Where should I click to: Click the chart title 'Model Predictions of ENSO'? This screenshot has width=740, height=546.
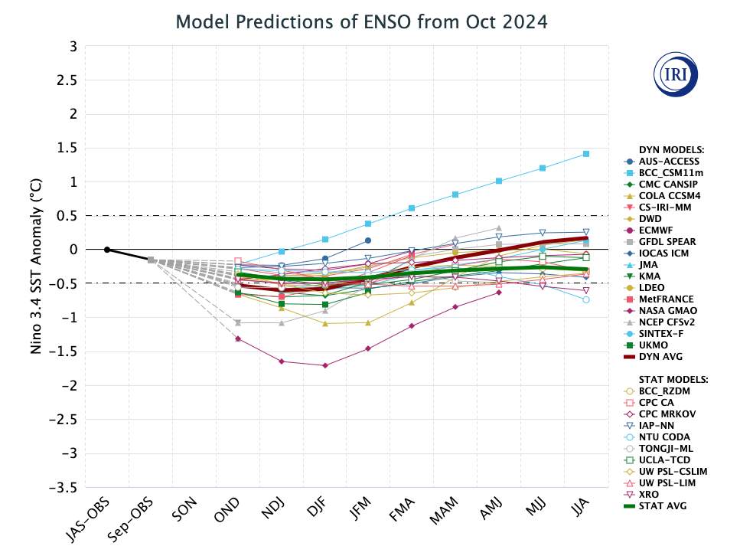[361, 21]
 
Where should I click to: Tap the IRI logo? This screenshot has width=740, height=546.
[675, 74]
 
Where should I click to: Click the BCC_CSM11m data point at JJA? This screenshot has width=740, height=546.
[586, 154]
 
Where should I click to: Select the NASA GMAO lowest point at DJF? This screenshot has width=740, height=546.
[325, 365]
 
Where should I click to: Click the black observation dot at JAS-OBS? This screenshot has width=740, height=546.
[107, 250]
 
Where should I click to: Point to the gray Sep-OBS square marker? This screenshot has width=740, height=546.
[151, 260]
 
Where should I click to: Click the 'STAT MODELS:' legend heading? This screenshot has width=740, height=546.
[673, 379]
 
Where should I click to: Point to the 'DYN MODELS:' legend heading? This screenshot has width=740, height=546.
[671, 149]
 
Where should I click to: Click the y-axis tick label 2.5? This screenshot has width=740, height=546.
[68, 80]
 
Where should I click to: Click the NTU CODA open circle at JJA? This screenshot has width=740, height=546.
[586, 299]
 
